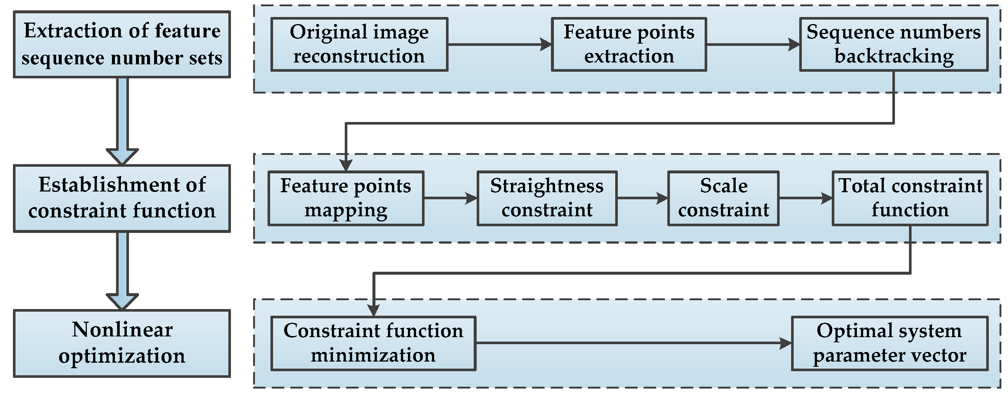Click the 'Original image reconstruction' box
coord(359,44)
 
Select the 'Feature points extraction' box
coord(629,44)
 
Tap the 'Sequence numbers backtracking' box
coord(894,44)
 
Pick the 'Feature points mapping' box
coord(345,198)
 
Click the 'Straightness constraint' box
coord(546,198)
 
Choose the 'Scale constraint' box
coord(723,198)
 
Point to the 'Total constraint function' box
coord(910,198)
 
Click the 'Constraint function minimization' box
coord(373,343)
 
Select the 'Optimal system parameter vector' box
coord(889,343)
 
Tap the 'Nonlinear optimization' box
coord(122,343)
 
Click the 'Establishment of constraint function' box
coord(122,198)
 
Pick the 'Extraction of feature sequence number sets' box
coord(122,44)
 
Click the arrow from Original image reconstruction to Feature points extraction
coord(499,44)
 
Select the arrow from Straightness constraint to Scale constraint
coord(642,198)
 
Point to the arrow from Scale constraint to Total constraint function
coord(805,198)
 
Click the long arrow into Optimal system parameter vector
coord(634,343)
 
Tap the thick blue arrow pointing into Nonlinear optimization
coord(122,270)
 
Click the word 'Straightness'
coord(546,186)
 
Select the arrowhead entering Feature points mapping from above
coord(346,166)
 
